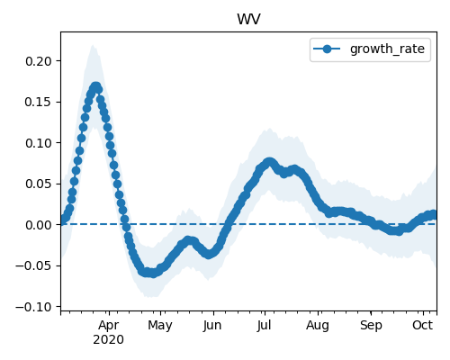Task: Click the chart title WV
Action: click(x=248, y=19)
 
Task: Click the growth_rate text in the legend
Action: click(x=387, y=49)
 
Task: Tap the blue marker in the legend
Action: click(x=327, y=49)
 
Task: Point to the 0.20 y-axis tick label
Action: click(x=39, y=61)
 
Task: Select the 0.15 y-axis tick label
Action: click(x=39, y=102)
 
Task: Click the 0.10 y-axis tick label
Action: click(x=39, y=143)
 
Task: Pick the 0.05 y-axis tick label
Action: click(x=39, y=184)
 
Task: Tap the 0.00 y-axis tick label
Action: click(x=39, y=225)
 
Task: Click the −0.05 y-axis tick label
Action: click(x=34, y=265)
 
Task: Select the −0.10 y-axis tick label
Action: click(x=34, y=307)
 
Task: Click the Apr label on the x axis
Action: click(x=109, y=326)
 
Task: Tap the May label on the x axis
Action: click(x=160, y=326)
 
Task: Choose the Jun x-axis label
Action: click(x=212, y=326)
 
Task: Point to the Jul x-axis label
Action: click(x=265, y=326)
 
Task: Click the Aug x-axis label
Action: click(x=318, y=326)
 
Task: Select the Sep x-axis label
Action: click(x=371, y=326)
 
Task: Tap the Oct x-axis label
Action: click(x=423, y=325)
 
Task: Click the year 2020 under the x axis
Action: click(x=108, y=340)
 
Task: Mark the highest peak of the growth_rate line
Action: click(x=95, y=87)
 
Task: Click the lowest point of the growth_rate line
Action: click(x=153, y=273)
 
